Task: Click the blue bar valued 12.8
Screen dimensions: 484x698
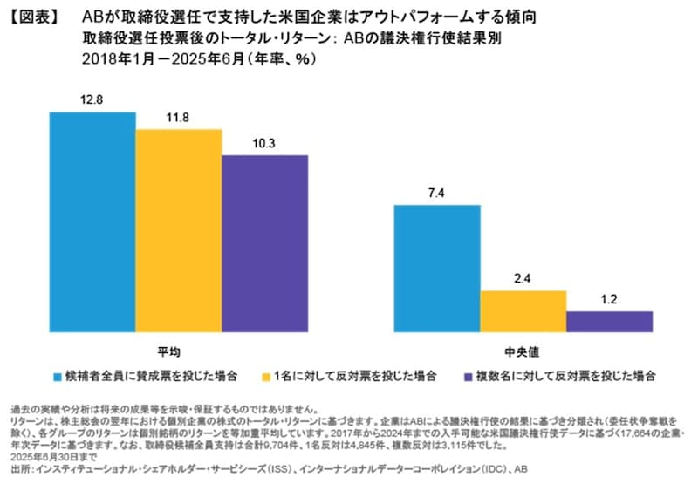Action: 92,222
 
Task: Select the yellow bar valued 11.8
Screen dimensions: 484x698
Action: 179,230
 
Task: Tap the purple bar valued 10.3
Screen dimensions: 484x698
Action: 264,243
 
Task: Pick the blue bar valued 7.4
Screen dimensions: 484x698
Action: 437,269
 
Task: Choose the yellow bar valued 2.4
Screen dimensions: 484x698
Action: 523,311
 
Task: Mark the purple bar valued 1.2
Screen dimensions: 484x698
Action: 609,322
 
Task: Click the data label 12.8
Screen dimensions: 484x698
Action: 92,100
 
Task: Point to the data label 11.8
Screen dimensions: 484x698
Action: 179,117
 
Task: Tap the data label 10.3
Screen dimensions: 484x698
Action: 264,143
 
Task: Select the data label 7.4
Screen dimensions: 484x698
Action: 437,193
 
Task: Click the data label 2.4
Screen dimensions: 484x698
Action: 523,278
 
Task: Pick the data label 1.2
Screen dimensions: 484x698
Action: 609,299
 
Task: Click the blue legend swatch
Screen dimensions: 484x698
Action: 58,376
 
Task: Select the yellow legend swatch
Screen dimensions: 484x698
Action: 264,376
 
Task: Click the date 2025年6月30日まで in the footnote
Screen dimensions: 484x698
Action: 50,454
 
